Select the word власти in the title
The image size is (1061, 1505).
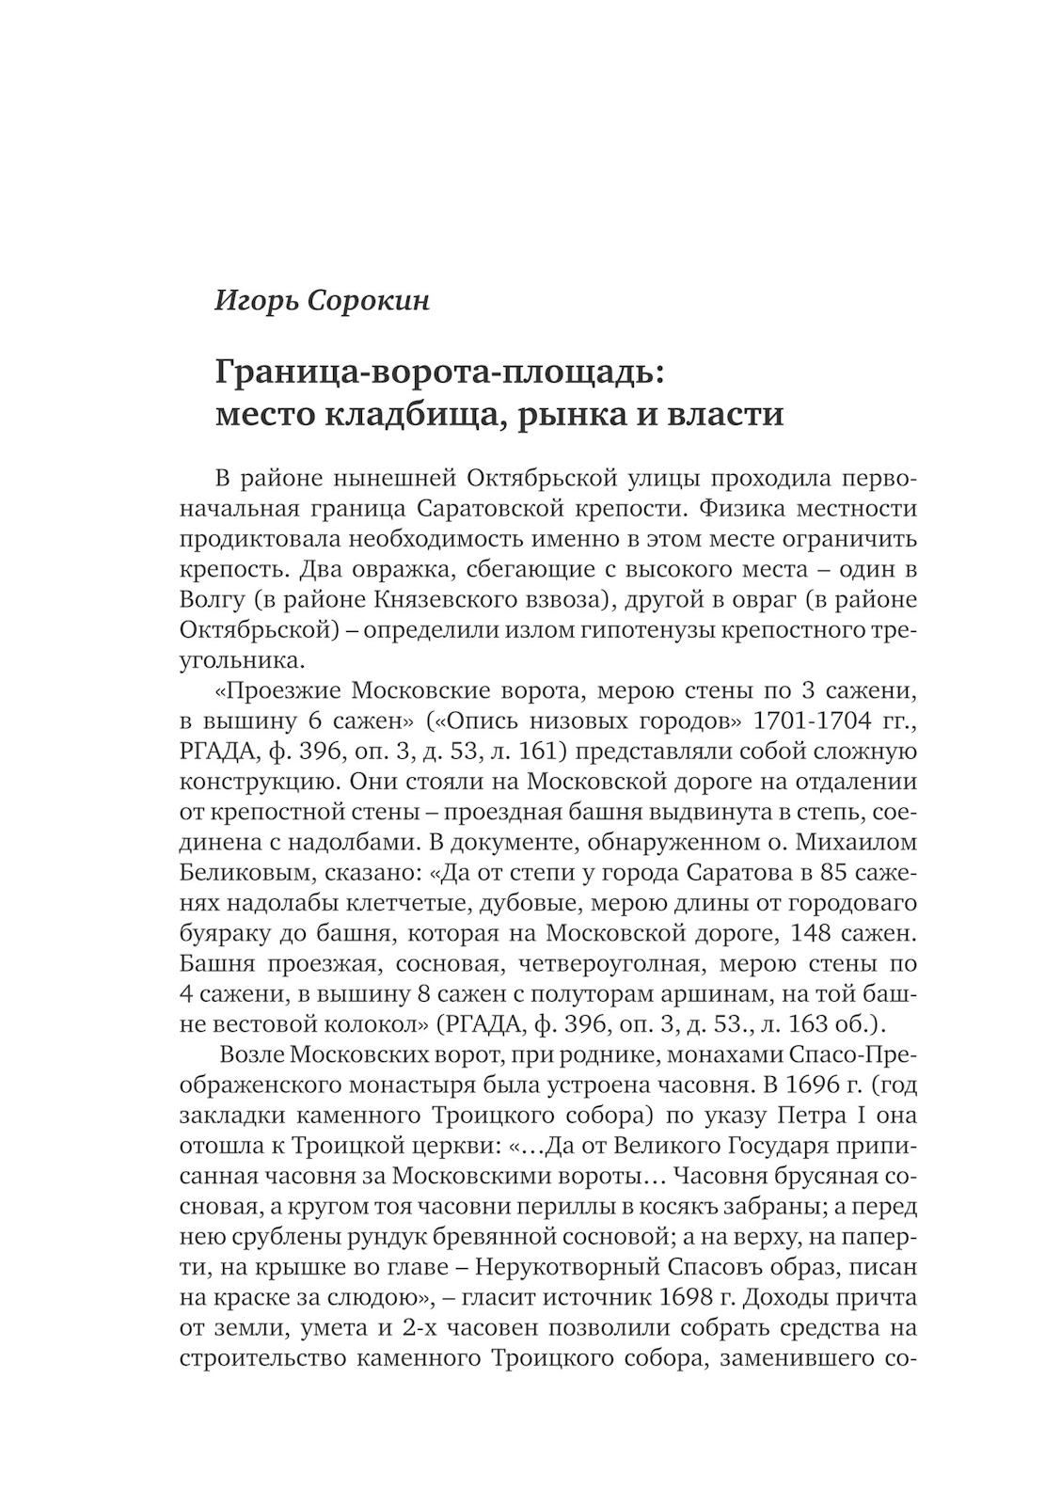[725, 414]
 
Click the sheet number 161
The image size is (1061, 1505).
[544, 752]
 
